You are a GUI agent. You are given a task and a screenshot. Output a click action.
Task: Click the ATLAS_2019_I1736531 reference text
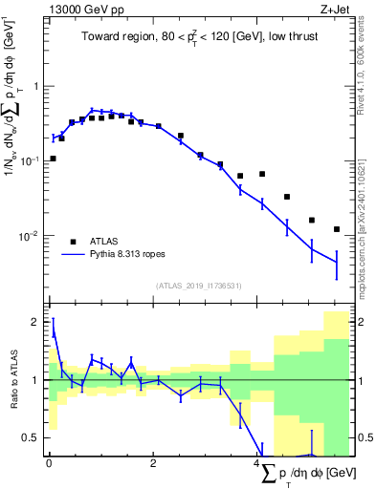point(199,286)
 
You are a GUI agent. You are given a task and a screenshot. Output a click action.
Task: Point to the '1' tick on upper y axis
point(37,86)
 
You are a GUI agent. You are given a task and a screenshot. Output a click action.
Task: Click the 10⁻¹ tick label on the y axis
point(32,161)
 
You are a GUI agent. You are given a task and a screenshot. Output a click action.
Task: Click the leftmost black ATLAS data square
point(53,159)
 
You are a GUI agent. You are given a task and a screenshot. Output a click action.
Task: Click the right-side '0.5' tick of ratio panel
point(365,438)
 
